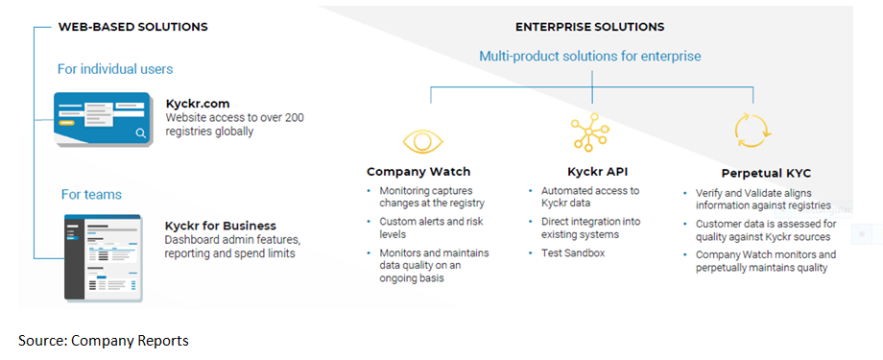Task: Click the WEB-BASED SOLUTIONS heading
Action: [132, 27]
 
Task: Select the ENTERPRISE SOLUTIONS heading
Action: [589, 27]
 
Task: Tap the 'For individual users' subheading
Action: [115, 69]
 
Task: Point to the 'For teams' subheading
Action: [91, 195]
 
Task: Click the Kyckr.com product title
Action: [199, 105]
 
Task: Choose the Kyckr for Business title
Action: [221, 226]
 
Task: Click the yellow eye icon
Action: [423, 141]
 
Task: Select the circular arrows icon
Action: [752, 132]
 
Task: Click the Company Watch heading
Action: [418, 171]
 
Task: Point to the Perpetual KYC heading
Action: [767, 174]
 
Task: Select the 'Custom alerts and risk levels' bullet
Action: [431, 228]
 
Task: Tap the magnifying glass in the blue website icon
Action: [141, 132]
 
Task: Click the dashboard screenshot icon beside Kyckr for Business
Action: [103, 256]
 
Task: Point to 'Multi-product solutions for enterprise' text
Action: [590, 57]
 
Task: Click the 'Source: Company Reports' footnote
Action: [104, 341]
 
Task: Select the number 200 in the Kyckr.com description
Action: [295, 118]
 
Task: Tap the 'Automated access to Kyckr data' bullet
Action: [590, 197]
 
